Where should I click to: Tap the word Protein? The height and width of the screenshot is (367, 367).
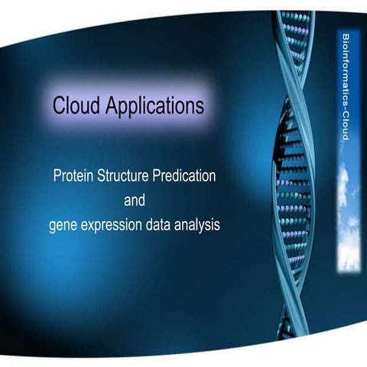point(73,176)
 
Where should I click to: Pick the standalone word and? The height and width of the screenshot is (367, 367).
point(135,200)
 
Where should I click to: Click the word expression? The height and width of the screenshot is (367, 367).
point(115,226)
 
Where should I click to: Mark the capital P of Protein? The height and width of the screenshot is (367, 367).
point(57,176)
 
